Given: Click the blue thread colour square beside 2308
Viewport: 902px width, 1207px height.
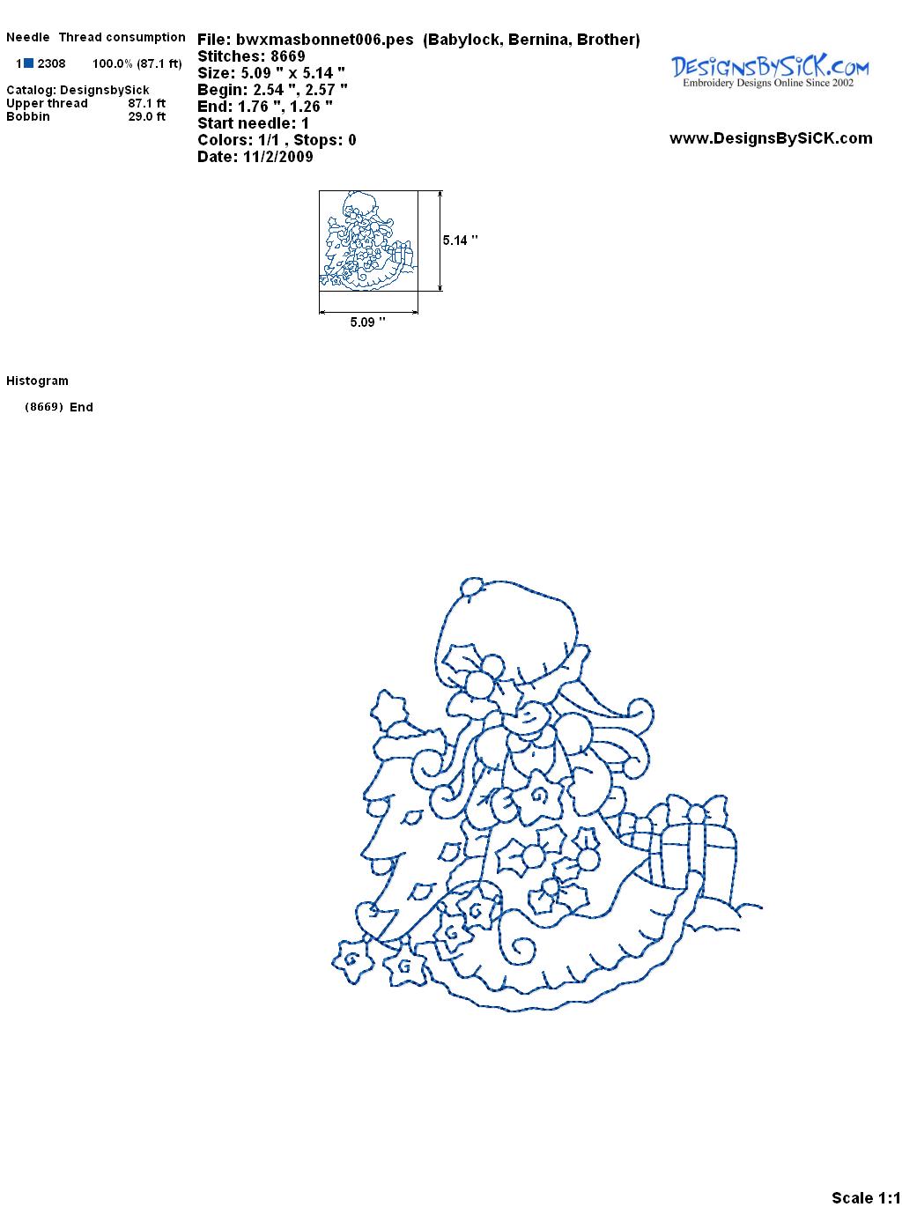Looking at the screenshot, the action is tap(28, 63).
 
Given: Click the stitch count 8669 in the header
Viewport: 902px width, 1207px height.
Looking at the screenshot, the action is tap(287, 56).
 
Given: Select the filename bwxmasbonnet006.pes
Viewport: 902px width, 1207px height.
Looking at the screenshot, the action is tap(324, 40).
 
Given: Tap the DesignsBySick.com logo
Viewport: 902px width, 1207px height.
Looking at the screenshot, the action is tap(770, 70).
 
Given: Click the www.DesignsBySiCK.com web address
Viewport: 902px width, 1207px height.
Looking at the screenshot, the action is tap(771, 138).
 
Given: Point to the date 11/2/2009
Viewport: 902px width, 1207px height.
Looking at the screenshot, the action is tap(277, 157).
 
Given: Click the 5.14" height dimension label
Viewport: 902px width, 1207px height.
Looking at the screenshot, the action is tap(460, 241).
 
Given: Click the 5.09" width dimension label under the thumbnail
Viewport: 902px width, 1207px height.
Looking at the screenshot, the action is tap(367, 322).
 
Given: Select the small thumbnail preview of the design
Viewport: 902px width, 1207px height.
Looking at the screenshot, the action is tap(368, 241).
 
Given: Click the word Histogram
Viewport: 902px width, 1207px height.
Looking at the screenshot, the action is tap(37, 381).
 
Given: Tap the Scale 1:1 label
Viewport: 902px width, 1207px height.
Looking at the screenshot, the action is tap(866, 1193).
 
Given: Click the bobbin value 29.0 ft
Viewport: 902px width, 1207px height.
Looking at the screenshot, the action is tap(147, 116).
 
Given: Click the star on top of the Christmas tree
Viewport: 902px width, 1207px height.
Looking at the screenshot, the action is tap(389, 709).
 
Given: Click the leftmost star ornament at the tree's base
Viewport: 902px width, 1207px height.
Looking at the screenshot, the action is tap(351, 960).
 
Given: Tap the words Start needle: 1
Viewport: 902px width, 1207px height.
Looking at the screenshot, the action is tap(253, 123).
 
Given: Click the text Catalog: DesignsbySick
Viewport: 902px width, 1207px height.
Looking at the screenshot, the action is tap(78, 90).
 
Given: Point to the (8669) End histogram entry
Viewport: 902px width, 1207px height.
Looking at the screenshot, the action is tap(59, 407).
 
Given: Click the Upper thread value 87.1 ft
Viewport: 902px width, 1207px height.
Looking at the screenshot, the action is tap(147, 103).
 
